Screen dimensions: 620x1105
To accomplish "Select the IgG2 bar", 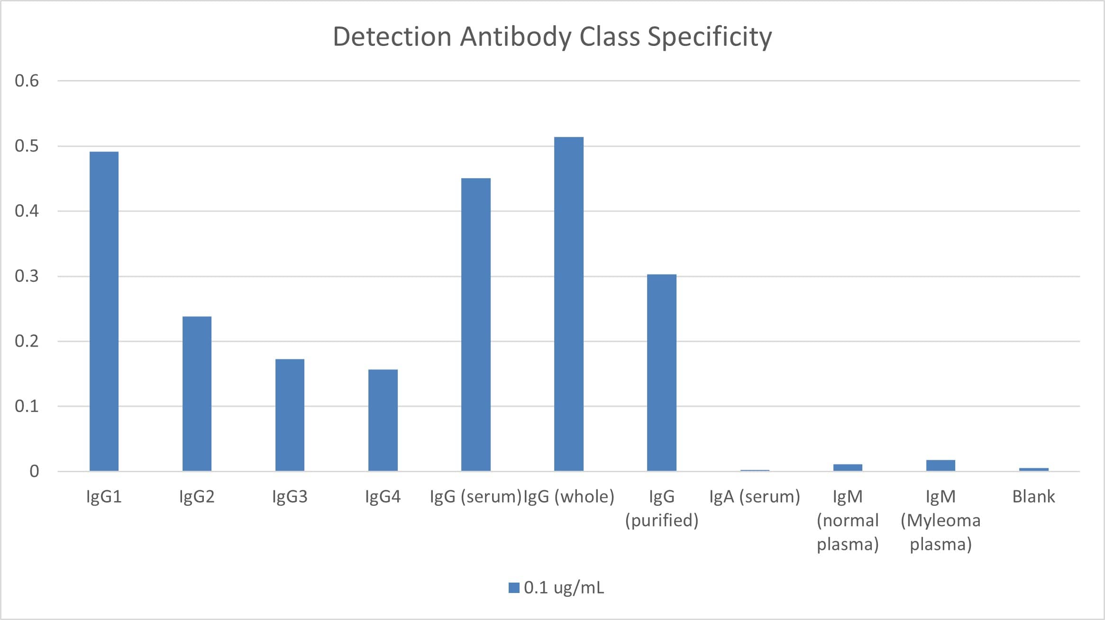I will tap(197, 393).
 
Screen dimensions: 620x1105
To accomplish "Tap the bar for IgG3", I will tap(290, 414).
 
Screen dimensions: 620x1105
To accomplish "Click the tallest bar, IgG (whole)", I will tap(568, 304).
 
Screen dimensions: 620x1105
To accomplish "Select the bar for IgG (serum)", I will tap(475, 324).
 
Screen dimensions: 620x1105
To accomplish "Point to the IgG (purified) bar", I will tap(661, 372).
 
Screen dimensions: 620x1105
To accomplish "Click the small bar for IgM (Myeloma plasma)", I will tap(941, 465).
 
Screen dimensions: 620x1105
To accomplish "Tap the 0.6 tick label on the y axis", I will tap(27, 81).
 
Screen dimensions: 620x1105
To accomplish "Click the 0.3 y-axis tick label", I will tap(27, 276).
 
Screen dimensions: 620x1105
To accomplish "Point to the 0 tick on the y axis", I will tap(34, 471).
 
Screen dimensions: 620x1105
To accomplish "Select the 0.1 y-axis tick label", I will tap(27, 406).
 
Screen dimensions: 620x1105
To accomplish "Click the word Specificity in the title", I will tap(709, 37).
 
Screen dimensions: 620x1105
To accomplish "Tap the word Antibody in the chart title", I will tap(516, 37).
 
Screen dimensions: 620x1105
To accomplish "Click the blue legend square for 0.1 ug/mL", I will tap(514, 588).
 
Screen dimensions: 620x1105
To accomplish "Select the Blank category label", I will tap(1033, 496).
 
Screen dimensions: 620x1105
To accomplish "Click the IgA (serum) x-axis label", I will tap(754, 496).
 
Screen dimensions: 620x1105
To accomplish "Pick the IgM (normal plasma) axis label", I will tap(848, 520).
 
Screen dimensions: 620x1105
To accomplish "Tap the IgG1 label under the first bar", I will tap(104, 496).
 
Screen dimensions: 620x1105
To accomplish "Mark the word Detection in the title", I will tap(392, 37).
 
